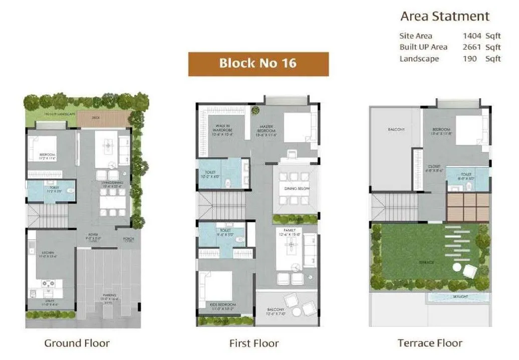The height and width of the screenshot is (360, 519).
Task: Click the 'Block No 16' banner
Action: tap(258, 64)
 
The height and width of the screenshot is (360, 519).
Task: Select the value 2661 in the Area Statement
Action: tap(472, 47)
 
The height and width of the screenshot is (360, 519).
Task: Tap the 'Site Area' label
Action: tap(415, 36)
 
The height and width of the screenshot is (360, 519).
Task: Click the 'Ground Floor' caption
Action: tap(77, 343)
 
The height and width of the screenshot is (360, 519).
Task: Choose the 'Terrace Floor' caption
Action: tap(430, 343)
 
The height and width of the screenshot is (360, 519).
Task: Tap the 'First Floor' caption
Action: tap(253, 343)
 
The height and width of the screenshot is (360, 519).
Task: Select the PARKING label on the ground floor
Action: tap(110, 296)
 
